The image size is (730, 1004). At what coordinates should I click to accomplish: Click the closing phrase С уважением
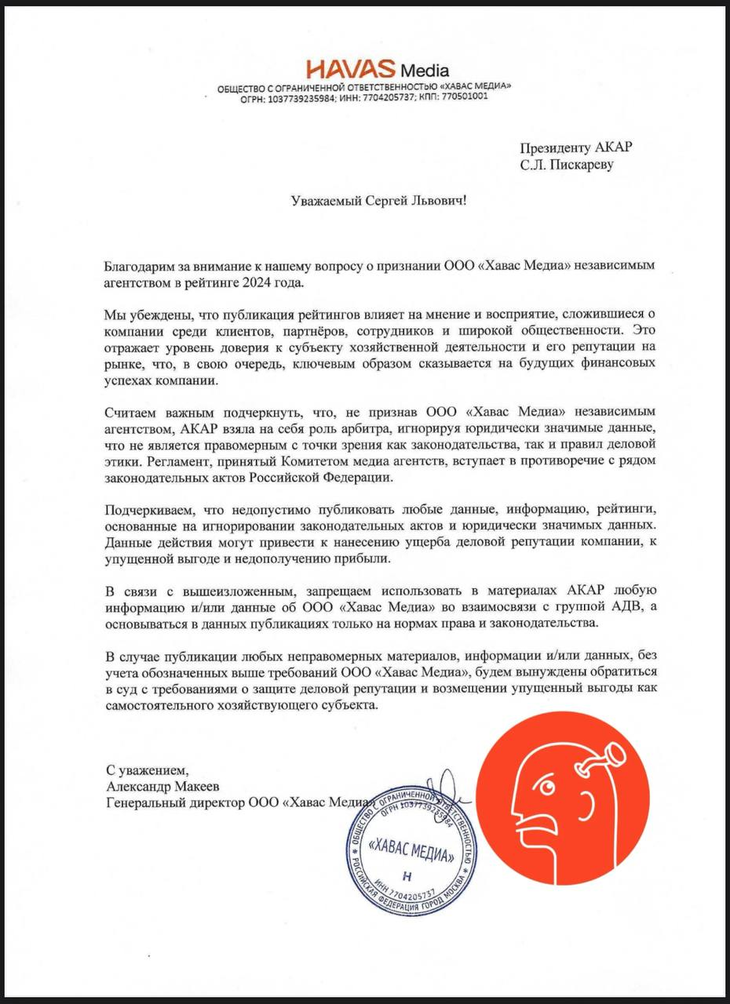click(148, 770)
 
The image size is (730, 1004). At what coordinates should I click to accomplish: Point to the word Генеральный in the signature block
click(142, 802)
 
